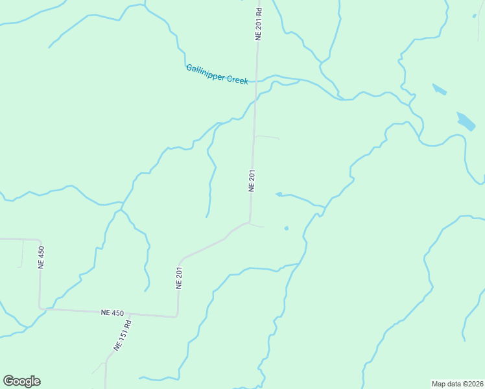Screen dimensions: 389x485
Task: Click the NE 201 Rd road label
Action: [x=258, y=25]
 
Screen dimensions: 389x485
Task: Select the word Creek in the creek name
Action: [x=237, y=80]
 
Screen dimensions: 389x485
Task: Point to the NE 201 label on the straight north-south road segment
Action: [x=252, y=180]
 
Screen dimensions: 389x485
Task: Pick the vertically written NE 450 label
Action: [x=41, y=257]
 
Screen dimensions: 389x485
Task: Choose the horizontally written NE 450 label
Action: [x=112, y=312]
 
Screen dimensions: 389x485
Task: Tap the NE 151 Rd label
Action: [x=122, y=335]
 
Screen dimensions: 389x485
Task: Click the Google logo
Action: [x=21, y=381]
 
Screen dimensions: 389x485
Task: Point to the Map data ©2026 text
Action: [x=457, y=384]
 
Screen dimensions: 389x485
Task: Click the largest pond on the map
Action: [x=466, y=121]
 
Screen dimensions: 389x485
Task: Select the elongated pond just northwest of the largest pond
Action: [x=440, y=89]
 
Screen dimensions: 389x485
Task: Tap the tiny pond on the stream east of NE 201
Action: [x=279, y=194]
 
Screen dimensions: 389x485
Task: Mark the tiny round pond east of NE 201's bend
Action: [x=286, y=228]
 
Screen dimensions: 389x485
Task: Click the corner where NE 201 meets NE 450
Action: [x=176, y=316]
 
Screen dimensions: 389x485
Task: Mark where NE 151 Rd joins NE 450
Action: [x=132, y=314]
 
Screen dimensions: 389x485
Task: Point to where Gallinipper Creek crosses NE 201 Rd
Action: [x=255, y=82]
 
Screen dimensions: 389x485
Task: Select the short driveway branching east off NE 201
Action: [x=267, y=137]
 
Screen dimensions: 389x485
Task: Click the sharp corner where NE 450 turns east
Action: [x=40, y=308]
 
